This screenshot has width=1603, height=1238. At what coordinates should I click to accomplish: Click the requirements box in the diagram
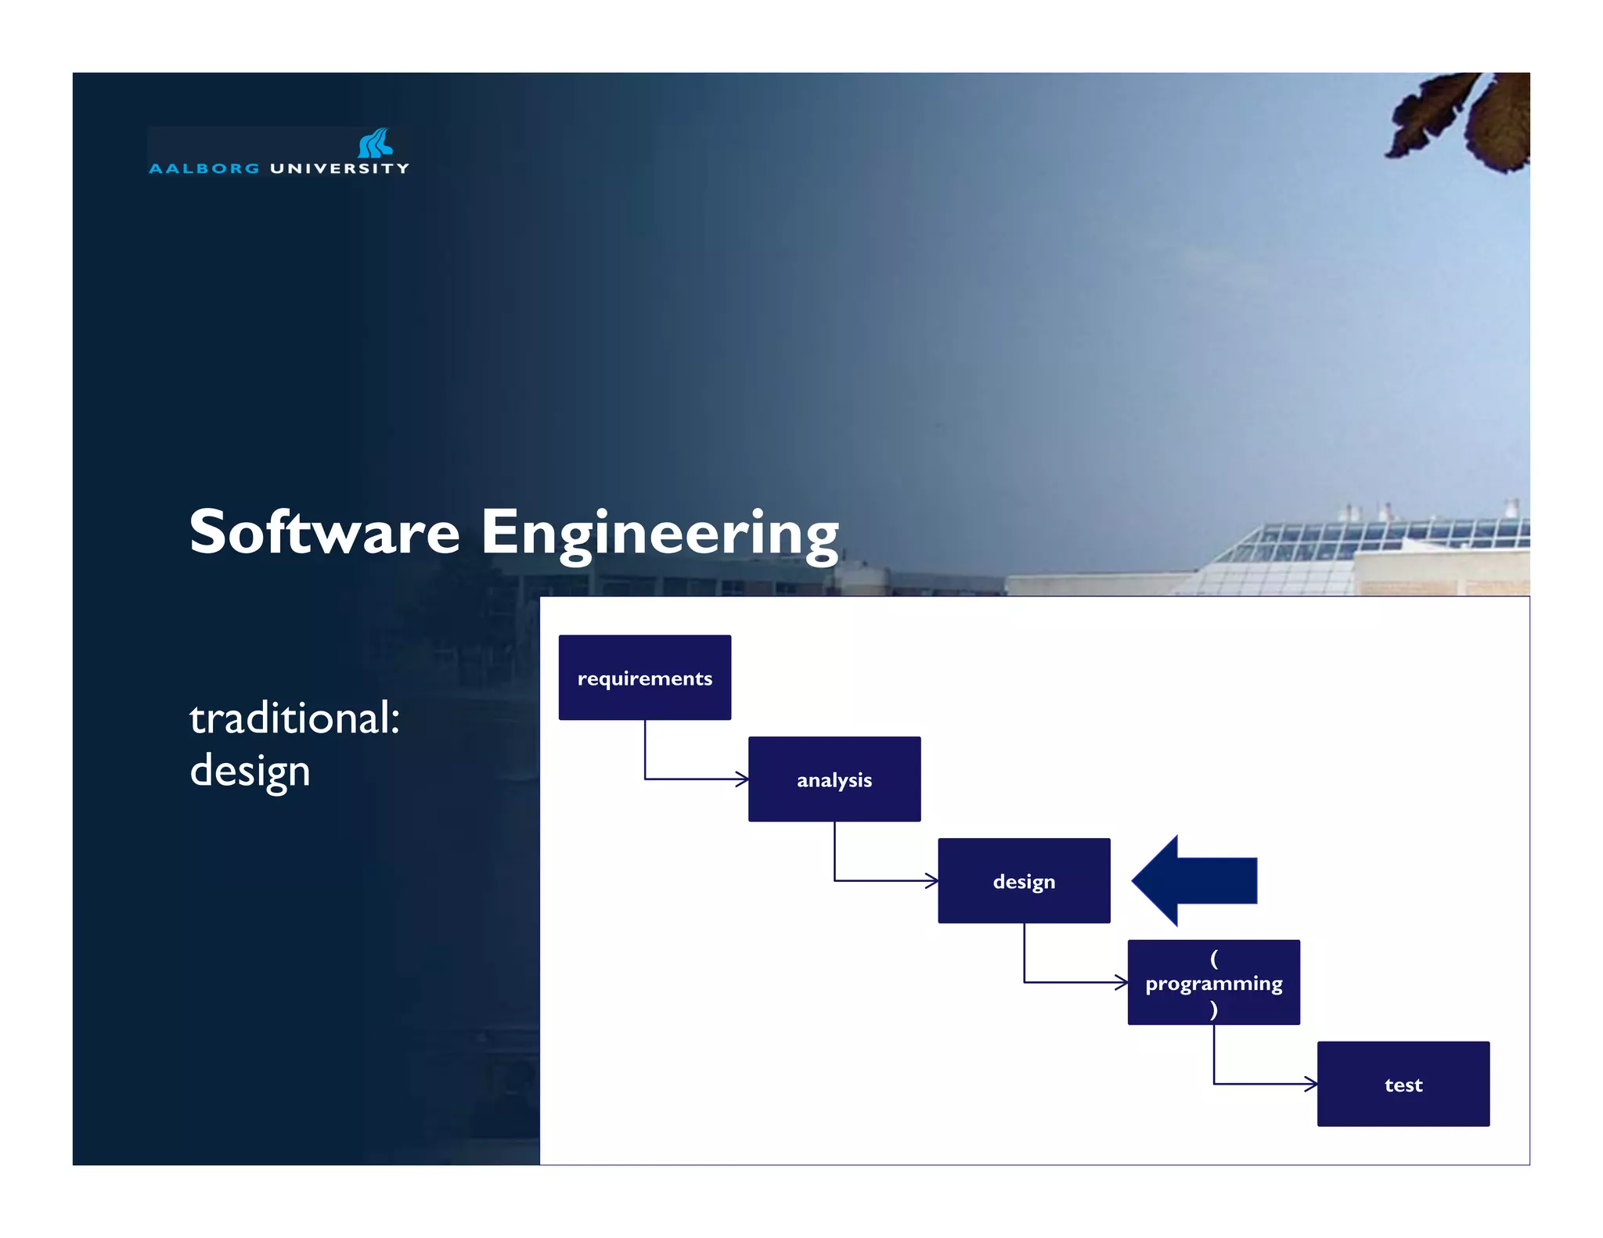644,678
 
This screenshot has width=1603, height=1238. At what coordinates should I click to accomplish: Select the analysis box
834,779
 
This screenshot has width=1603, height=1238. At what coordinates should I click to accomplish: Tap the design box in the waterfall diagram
1024,881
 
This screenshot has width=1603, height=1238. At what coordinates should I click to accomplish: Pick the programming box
1213,983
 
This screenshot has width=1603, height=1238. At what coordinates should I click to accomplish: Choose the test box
1403,1085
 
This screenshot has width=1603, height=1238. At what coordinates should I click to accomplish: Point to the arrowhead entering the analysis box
742,779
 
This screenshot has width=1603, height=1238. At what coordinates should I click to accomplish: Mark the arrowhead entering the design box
931,881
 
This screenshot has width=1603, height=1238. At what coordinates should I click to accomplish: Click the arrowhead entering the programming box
1122,983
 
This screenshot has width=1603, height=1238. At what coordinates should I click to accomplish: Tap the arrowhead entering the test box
1311,1085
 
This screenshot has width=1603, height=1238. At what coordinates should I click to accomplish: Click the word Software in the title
324,532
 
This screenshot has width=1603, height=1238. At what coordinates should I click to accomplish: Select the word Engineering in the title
659,534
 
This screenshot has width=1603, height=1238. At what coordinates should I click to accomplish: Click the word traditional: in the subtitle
294,718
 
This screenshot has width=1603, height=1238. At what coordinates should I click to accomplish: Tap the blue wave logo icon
375,143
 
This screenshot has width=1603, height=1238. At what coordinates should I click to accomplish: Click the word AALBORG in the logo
204,168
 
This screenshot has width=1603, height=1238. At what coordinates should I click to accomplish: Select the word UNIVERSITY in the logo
339,168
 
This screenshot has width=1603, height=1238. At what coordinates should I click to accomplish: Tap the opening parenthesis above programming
1213,957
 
